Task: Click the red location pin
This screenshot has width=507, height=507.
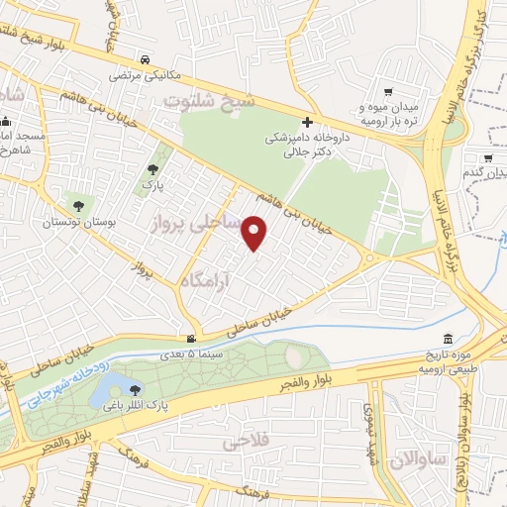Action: click(x=255, y=233)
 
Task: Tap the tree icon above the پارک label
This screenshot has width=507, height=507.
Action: click(x=152, y=169)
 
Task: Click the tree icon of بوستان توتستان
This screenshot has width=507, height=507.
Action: click(x=78, y=206)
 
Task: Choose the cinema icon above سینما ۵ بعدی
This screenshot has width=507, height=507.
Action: click(x=192, y=339)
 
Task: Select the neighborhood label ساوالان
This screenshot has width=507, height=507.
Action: click(x=414, y=459)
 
